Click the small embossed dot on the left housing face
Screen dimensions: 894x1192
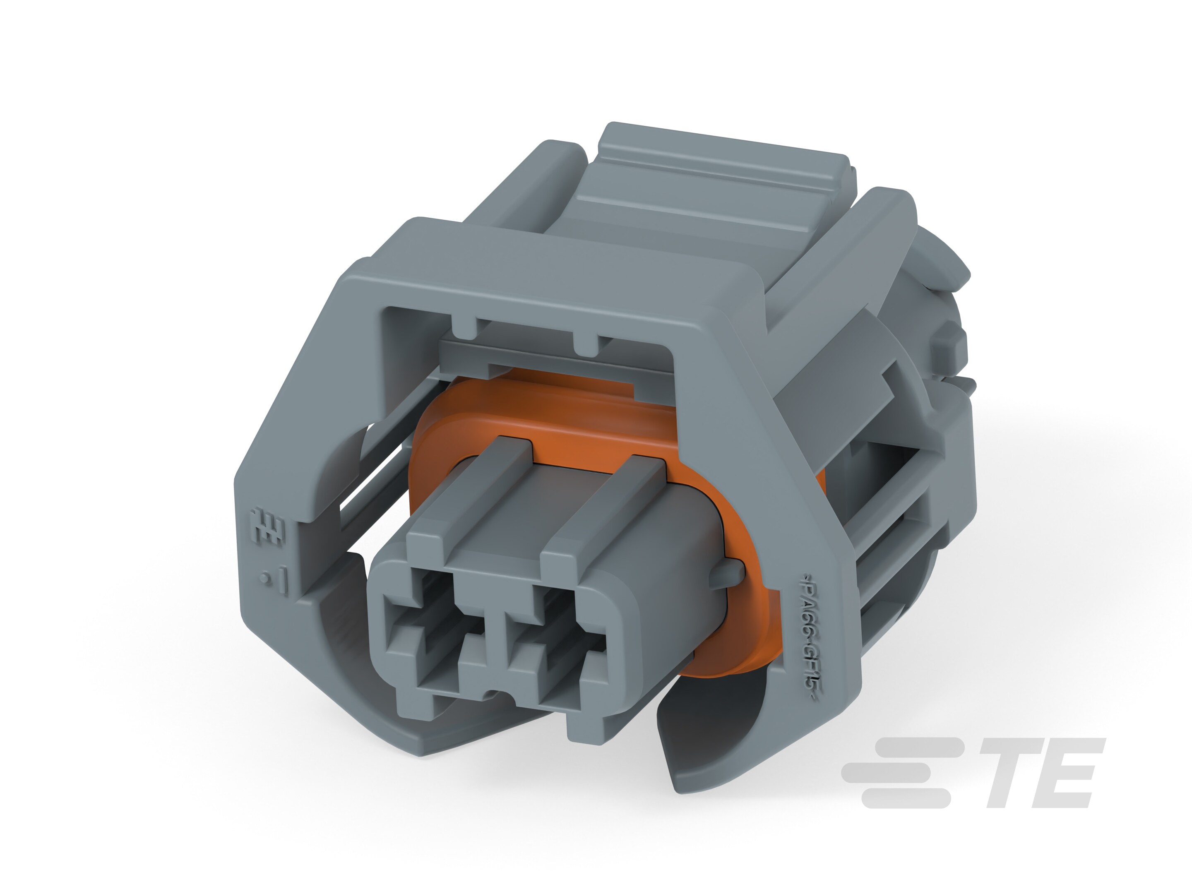tap(264, 580)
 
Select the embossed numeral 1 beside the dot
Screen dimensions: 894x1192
tap(284, 582)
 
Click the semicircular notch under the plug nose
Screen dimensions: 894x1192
tap(490, 695)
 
